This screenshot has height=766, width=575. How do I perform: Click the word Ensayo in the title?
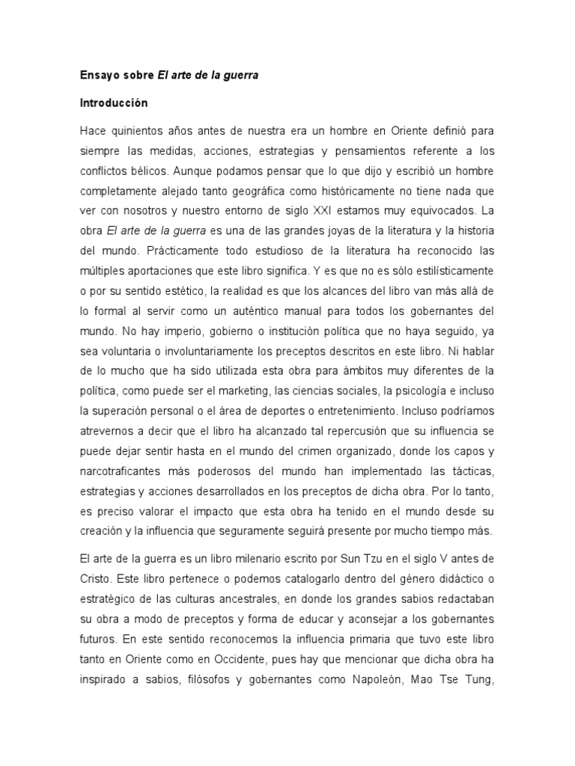98,76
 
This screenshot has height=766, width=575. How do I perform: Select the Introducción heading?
114,102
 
